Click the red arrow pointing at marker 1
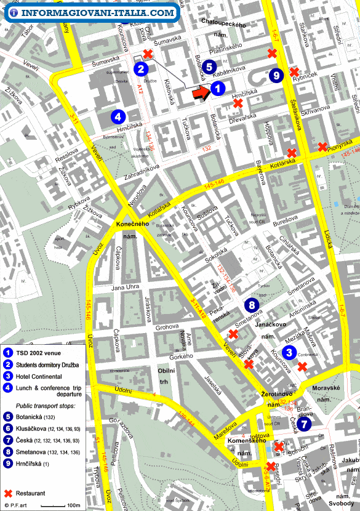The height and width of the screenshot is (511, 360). point(201,93)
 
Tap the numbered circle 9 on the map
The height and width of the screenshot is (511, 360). point(276,75)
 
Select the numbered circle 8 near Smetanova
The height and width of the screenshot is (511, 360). point(251,305)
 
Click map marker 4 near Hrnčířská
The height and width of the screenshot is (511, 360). point(118,115)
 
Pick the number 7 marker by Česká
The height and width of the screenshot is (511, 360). point(306,424)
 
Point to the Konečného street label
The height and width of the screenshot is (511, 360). point(133,224)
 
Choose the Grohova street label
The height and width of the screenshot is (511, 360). point(166,328)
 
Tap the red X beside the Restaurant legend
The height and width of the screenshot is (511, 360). point(9,493)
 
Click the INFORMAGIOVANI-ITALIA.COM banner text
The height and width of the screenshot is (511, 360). point(97,12)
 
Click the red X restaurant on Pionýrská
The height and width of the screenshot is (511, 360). point(322,147)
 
